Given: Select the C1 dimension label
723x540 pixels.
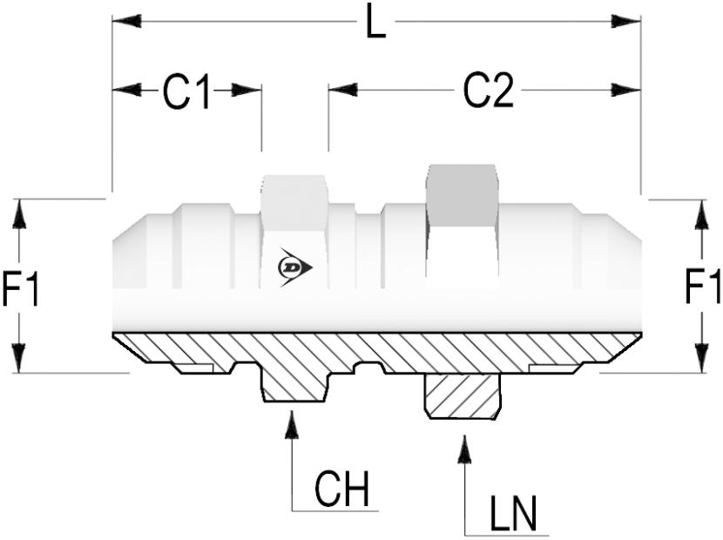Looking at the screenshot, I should pos(187,91).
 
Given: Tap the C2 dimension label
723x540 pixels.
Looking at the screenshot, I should pos(488,91).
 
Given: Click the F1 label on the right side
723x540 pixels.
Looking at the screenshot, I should pos(702,287).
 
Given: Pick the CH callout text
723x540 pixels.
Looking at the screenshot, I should pos(341,491).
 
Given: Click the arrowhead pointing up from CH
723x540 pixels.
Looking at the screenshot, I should pos(293,423).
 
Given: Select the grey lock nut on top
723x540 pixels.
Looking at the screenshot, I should pos(462,195).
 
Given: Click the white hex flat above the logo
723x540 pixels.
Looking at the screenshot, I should pos(294,203).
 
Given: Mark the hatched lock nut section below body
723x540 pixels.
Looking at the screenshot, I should pos(463,396).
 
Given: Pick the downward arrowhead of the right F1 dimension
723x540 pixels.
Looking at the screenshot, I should pos(702,358).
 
